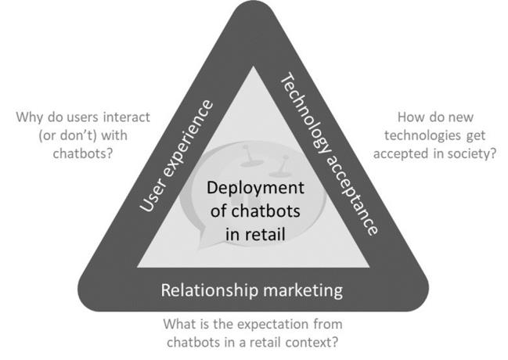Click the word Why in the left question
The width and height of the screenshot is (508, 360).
tap(29, 119)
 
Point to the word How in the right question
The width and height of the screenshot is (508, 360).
tap(412, 119)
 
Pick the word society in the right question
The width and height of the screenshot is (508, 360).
tap(472, 153)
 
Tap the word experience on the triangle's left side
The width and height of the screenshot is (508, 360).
tap(185, 142)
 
